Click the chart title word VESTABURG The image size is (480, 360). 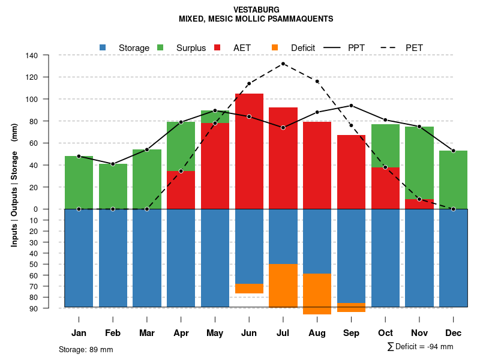pos(256,10)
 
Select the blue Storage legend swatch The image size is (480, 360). pos(103,47)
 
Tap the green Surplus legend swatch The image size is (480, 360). pos(160,47)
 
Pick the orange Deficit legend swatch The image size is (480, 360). pos(275,47)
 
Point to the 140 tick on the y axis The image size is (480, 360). pos(32,56)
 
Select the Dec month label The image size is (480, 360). pos(453,333)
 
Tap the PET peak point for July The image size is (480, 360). pos(283,64)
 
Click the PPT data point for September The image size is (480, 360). pos(351,106)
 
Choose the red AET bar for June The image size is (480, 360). pos(249,150)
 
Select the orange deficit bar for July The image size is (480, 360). pos(283,286)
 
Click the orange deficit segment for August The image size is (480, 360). pos(317,294)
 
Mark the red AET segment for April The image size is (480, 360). pos(181,190)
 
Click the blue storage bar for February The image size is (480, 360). pos(113,258)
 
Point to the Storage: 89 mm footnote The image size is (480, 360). pos(86,349)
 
